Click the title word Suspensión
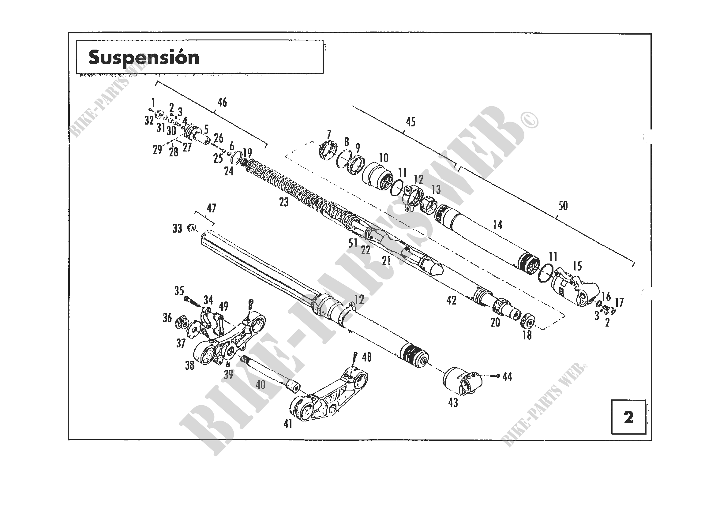pos(144,58)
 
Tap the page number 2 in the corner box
pos(628,417)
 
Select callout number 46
pos(222,102)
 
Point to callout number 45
pos(411,122)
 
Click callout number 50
pos(563,206)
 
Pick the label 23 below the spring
pos(284,202)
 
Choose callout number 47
pos(212,208)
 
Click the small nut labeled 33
pos(191,228)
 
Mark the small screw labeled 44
pos(495,376)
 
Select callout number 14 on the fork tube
pos(498,224)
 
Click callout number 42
pos(451,300)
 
